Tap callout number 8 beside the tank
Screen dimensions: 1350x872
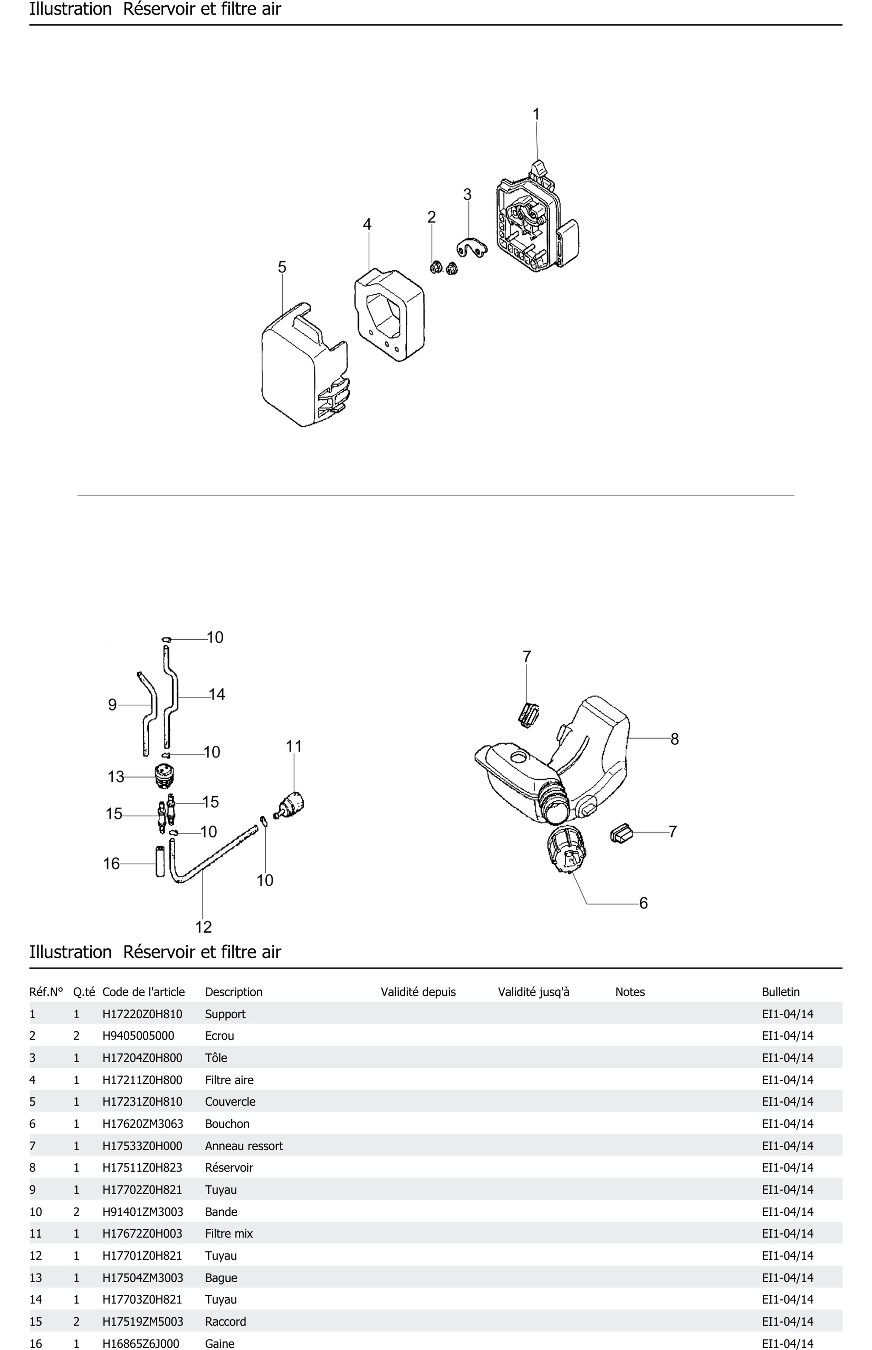pos(674,739)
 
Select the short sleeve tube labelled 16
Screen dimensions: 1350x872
pos(160,861)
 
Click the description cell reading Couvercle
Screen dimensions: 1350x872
pos(230,1102)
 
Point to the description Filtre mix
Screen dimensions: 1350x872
pos(229,1233)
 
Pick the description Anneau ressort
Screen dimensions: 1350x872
pos(243,1146)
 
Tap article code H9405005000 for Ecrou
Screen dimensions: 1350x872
pos(138,1036)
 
